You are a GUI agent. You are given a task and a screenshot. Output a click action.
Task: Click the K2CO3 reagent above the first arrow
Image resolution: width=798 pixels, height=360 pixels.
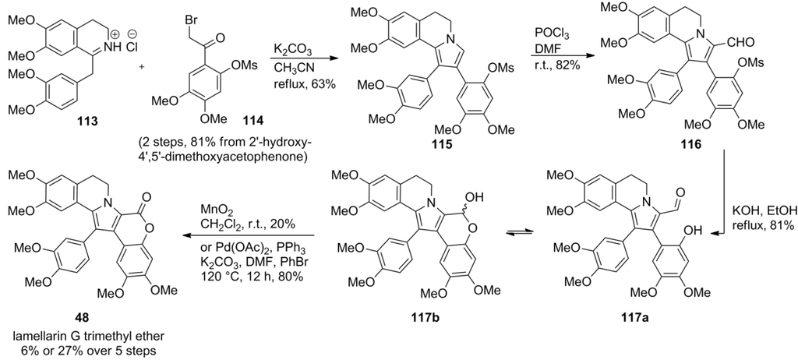[x=290, y=49]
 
